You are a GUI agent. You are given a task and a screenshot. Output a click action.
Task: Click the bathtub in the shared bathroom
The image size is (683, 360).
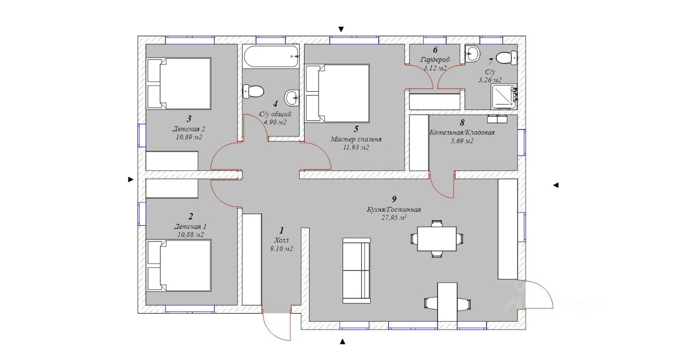(x=272, y=57)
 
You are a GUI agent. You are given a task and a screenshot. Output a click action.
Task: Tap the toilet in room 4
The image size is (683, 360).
(x=253, y=91)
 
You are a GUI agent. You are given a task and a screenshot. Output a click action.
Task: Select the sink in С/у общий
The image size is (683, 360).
(x=292, y=98)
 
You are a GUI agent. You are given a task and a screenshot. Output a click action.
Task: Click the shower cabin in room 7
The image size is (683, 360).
(x=504, y=97)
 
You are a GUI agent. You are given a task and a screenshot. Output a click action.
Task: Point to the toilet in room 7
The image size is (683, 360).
(x=506, y=58)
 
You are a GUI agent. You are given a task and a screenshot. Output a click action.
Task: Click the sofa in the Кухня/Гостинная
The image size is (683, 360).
(x=356, y=271)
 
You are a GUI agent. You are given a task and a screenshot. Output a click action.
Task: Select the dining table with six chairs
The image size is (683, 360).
(x=436, y=239)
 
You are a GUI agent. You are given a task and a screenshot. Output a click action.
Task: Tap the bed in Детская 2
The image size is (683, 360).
(x=179, y=84)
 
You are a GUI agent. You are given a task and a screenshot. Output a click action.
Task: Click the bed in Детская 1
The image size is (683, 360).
(x=179, y=266)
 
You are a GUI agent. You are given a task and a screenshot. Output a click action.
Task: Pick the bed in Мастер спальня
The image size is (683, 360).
(x=337, y=93)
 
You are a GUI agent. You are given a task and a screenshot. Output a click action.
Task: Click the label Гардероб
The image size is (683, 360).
(x=435, y=60)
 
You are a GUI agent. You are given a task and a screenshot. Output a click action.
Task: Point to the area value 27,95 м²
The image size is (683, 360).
(x=394, y=218)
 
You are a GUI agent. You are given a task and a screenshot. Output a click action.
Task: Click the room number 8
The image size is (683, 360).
(x=462, y=123)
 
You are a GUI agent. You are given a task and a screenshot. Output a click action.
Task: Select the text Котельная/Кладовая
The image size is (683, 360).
(x=462, y=133)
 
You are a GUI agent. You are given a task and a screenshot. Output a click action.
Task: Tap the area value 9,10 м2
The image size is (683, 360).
(x=281, y=249)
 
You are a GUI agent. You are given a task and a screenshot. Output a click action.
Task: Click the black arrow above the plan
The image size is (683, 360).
(x=341, y=29)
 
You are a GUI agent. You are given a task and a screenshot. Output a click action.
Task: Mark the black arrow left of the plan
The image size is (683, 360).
(x=131, y=180)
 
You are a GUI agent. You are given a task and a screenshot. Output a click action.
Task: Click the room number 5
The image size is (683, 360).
(x=356, y=129)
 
